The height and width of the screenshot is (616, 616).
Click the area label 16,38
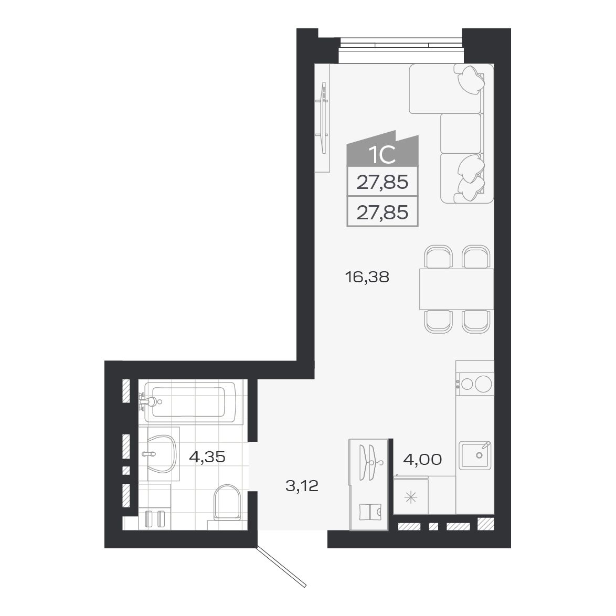(x=367, y=277)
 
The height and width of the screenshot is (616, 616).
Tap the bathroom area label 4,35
(x=207, y=457)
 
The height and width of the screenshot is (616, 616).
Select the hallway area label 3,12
(x=302, y=486)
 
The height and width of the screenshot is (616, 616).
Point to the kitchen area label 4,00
(x=422, y=460)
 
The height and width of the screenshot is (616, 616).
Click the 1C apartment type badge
(x=382, y=155)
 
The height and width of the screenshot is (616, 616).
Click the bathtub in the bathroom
(x=192, y=402)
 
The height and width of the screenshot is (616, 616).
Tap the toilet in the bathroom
(x=227, y=501)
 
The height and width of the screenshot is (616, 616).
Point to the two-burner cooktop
(x=475, y=383)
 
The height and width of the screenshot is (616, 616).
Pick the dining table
(x=456, y=289)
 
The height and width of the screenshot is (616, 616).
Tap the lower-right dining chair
(x=476, y=321)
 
